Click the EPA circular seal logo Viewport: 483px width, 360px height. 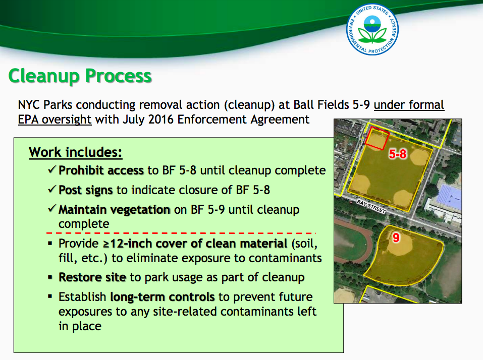[372, 30]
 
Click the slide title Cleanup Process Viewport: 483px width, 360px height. [80, 76]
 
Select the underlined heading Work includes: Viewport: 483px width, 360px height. [76, 152]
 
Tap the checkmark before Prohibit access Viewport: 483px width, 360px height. [52, 169]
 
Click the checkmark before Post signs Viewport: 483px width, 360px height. [52, 189]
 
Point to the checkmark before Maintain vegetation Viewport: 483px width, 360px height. [52, 209]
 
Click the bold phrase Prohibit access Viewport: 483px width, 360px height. [101, 170]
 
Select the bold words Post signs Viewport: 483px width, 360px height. [86, 190]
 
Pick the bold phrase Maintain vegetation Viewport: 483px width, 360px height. [114, 210]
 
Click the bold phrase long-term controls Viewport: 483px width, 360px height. [163, 297]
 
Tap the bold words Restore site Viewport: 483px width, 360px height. [92, 277]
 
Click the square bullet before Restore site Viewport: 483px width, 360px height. [50, 277]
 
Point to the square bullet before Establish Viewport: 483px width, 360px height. [50, 297]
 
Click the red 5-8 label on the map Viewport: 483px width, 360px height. [397, 154]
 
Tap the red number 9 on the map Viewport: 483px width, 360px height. [396, 237]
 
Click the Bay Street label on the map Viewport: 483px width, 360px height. [371, 206]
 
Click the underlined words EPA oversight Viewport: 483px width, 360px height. [55, 119]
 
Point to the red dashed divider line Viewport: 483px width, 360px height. [181, 233]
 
